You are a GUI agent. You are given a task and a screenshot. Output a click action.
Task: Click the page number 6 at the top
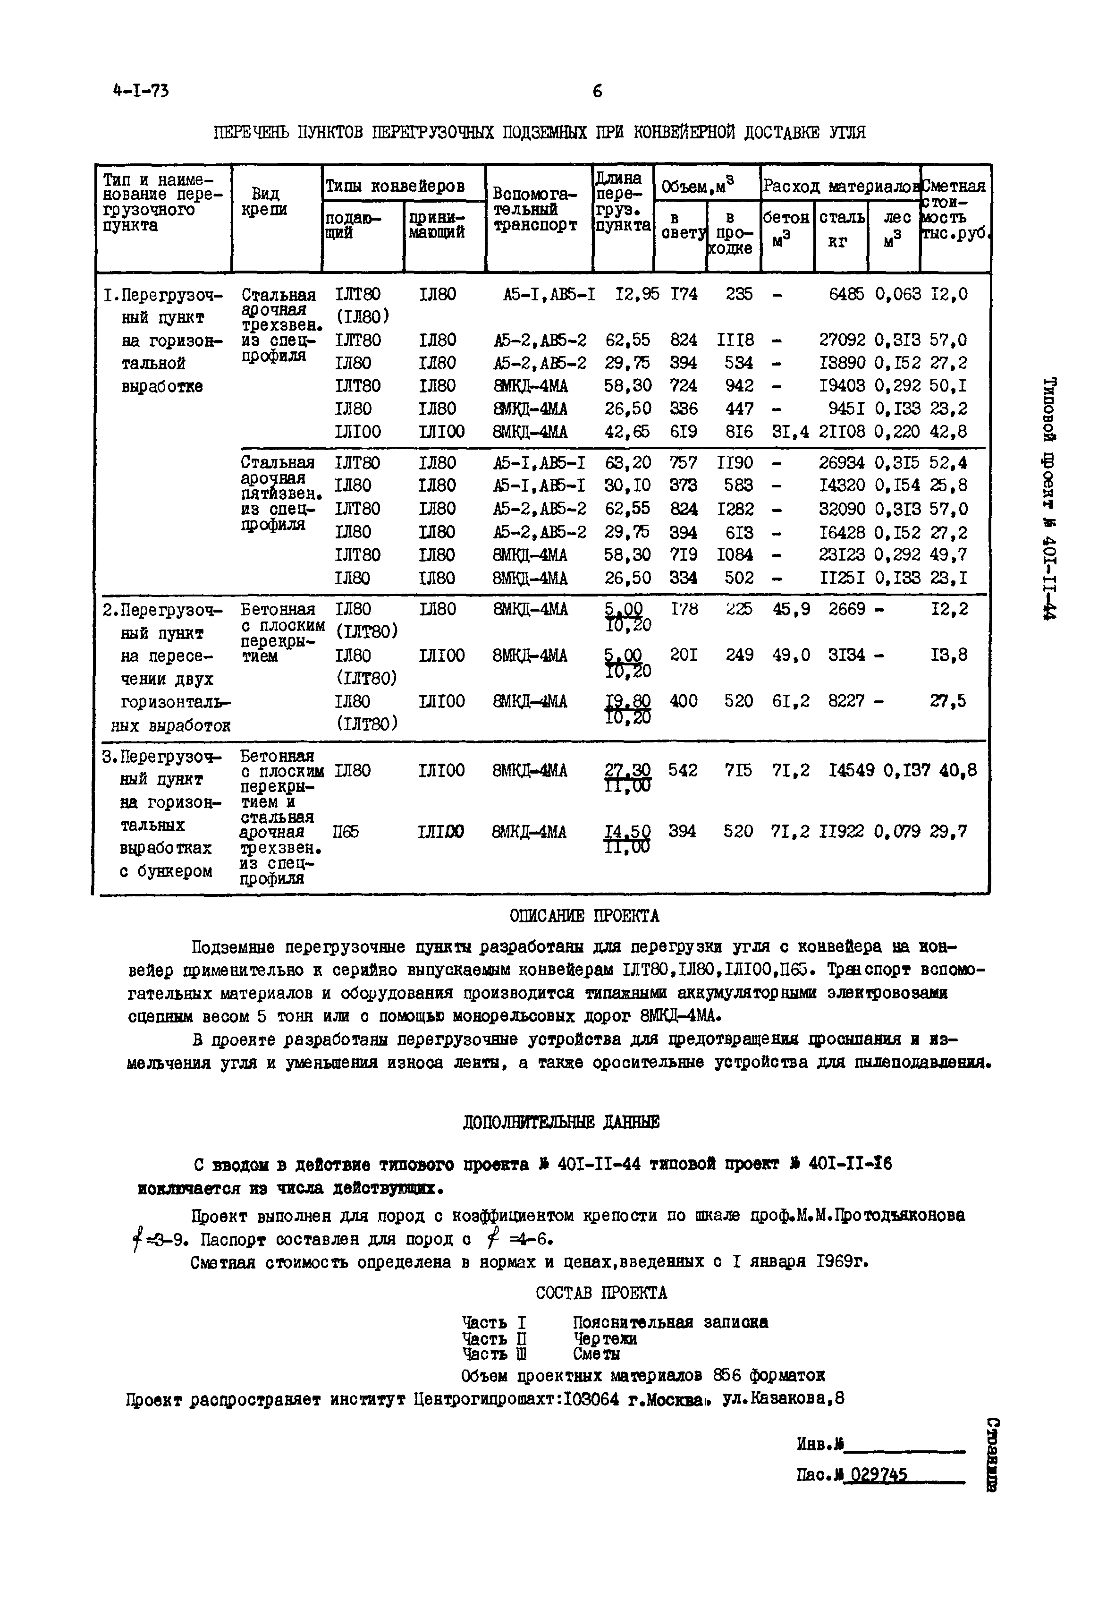click(597, 91)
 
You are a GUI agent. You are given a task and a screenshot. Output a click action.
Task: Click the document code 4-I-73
click(140, 91)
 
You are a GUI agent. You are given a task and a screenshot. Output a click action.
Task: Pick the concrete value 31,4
click(791, 432)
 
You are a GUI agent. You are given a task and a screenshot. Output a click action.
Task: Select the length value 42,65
click(627, 432)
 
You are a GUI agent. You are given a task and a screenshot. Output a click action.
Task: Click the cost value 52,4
click(949, 463)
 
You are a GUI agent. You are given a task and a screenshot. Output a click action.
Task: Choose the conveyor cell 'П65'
click(346, 832)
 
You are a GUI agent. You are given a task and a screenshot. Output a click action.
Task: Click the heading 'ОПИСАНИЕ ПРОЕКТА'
click(584, 916)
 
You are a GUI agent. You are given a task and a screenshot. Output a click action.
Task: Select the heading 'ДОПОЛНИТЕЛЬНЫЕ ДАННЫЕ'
click(561, 1123)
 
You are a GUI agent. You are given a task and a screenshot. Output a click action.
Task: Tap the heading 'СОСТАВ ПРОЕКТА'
click(601, 1293)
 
